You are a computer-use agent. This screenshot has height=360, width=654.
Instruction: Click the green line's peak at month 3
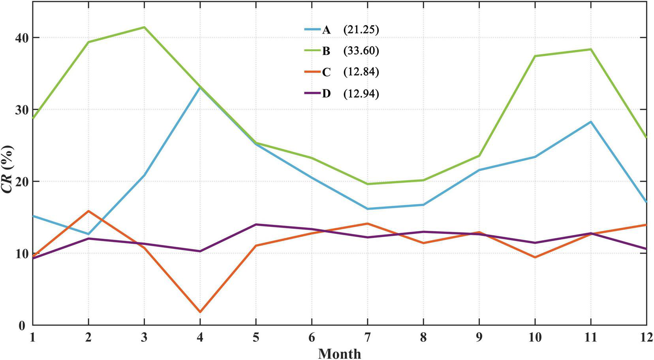(144, 27)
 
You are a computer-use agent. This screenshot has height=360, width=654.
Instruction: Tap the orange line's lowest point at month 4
(200, 312)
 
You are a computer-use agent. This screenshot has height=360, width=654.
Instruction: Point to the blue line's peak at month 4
(200, 88)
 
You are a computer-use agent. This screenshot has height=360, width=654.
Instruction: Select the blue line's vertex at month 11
(591, 122)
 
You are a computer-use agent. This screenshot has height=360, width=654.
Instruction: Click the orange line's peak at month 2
(88, 211)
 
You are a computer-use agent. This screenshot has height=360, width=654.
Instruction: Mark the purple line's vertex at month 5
(256, 224)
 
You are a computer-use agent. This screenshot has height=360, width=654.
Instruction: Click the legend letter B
(326, 51)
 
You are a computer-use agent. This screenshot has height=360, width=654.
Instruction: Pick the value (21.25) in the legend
(361, 30)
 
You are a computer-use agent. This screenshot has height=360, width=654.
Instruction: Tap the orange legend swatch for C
(312, 72)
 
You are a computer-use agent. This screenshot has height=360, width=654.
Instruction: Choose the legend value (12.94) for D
(361, 94)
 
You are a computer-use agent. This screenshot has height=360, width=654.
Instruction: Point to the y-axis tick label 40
(20, 38)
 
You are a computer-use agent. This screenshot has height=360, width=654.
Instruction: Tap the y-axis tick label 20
(20, 182)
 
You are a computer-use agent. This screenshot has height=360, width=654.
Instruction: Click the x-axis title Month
(339, 353)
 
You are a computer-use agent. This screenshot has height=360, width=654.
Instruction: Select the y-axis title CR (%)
(8, 169)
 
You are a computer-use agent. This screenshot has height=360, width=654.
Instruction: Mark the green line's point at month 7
(368, 184)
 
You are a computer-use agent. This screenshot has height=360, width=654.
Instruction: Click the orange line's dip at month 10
(535, 257)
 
